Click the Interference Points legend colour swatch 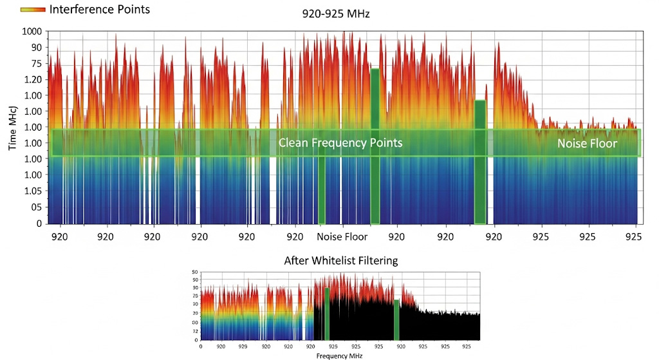pyautogui.click(x=33, y=10)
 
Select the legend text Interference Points pyautogui.click(x=100, y=10)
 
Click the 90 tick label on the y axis pyautogui.click(x=36, y=48)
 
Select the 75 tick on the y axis pyautogui.click(x=36, y=64)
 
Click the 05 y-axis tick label pyautogui.click(x=36, y=207)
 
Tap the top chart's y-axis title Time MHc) pyautogui.click(x=13, y=126)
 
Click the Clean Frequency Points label pyautogui.click(x=340, y=142)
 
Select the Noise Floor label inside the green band pyautogui.click(x=587, y=144)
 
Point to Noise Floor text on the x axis pyautogui.click(x=342, y=237)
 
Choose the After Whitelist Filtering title pyautogui.click(x=341, y=261)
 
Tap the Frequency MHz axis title pyautogui.click(x=340, y=355)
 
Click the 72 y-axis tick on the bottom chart pyautogui.click(x=195, y=329)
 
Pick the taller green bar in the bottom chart pyautogui.click(x=327, y=314)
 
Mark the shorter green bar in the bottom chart pyautogui.click(x=396, y=319)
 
